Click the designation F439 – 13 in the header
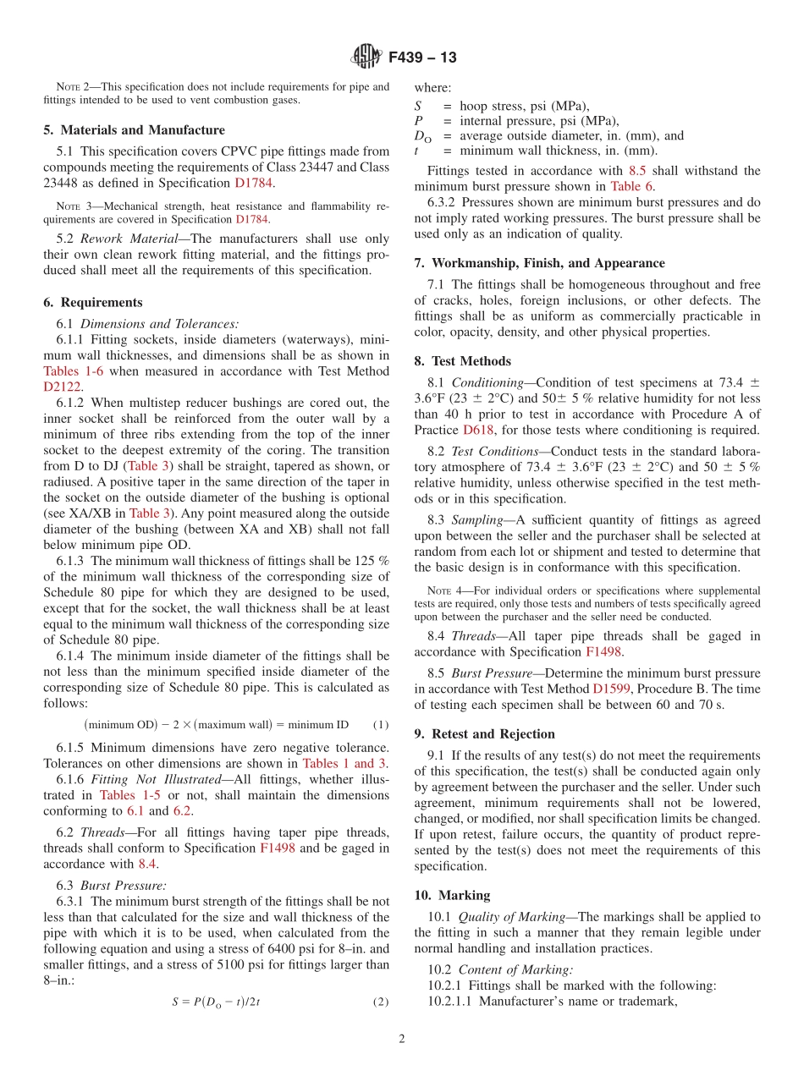[422, 58]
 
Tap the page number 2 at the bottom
[402, 1039]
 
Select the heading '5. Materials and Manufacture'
[134, 130]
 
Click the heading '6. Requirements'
[93, 302]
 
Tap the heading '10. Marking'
[452, 895]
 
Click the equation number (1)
[381, 724]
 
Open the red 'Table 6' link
[631, 186]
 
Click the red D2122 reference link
[62, 386]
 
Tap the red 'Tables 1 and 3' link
[344, 763]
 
